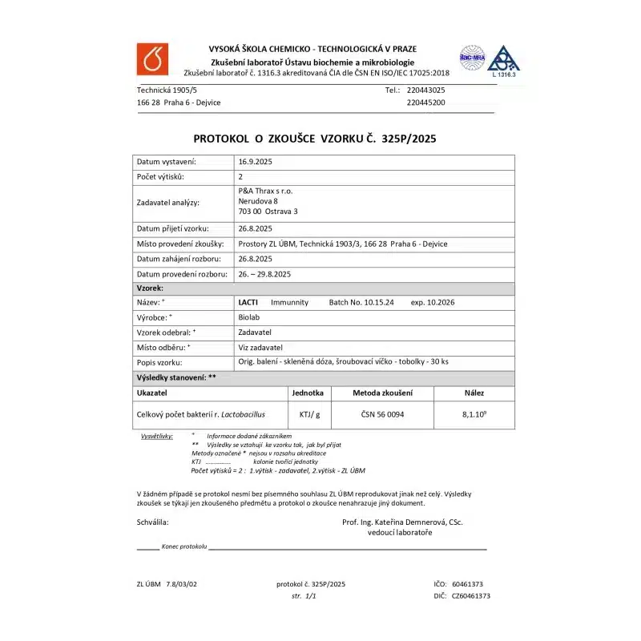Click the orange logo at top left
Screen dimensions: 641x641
(x=151, y=59)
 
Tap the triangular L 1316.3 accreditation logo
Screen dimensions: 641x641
(x=503, y=61)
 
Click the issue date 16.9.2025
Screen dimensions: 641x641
(x=256, y=162)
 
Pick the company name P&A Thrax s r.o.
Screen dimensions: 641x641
(x=266, y=191)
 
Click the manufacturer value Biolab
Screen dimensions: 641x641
(x=249, y=317)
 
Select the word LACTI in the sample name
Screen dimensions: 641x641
(x=248, y=303)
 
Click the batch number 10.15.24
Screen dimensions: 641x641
(x=375, y=303)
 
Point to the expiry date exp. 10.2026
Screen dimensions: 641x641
(x=433, y=303)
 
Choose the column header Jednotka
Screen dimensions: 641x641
(x=308, y=393)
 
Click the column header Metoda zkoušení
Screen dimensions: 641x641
(x=383, y=393)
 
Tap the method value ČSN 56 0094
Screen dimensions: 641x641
(x=382, y=414)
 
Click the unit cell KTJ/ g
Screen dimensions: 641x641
(x=309, y=414)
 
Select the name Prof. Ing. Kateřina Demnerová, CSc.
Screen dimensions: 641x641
(x=402, y=522)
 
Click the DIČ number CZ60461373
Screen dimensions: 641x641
(x=471, y=596)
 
